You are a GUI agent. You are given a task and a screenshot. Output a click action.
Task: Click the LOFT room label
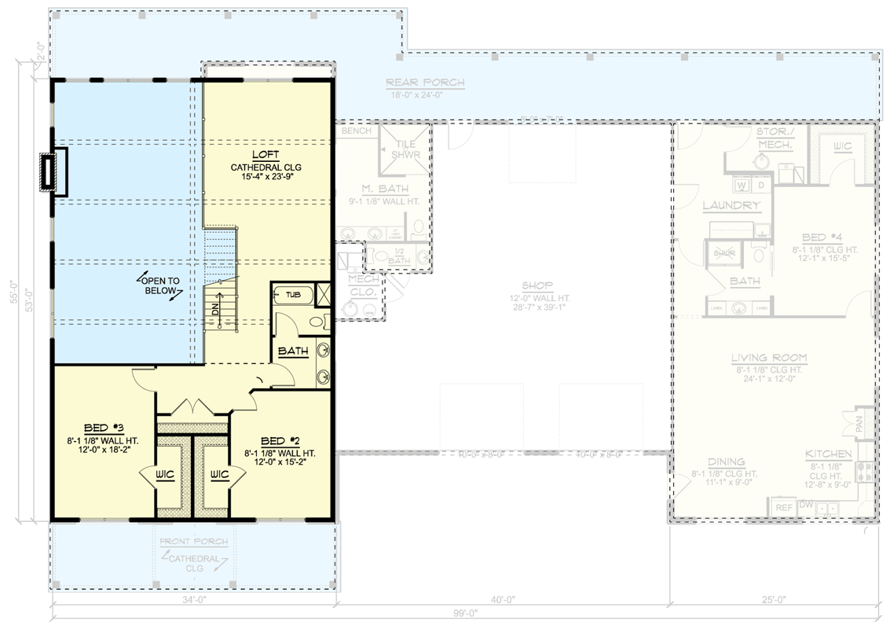tap(266, 154)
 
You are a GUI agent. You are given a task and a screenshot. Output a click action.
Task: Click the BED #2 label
tap(280, 441)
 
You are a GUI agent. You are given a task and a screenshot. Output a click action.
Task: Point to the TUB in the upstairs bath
tap(292, 295)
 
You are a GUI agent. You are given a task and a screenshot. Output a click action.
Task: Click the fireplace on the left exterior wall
tap(49, 171)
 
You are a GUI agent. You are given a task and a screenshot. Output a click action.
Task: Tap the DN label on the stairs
tap(215, 311)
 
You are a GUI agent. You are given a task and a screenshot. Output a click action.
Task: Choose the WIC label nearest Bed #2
tap(219, 474)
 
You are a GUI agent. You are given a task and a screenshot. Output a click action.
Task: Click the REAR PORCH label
tap(425, 83)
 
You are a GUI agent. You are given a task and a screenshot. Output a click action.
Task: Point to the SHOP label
tap(537, 285)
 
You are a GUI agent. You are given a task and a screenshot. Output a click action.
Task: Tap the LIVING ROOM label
tap(769, 358)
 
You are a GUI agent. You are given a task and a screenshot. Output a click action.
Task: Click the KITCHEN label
tap(828, 454)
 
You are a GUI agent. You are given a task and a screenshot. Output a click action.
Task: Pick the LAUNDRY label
tap(731, 206)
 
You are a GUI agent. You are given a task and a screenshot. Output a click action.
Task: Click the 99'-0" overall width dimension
tap(465, 613)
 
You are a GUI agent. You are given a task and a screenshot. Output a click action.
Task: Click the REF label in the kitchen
tap(784, 508)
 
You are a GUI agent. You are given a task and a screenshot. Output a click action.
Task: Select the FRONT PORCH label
tap(194, 542)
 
